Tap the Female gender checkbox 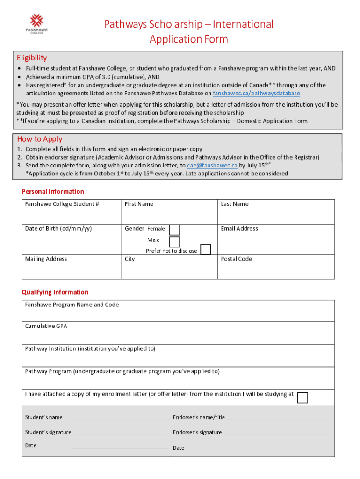(x=174, y=230)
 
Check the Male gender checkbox (x=174, y=241)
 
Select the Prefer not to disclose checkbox (x=205, y=249)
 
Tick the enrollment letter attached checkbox (x=302, y=398)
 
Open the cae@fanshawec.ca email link (x=212, y=165)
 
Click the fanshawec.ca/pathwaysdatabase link (x=256, y=93)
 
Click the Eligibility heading (x=32, y=58)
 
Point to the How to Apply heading (x=39, y=139)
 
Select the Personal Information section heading (x=53, y=191)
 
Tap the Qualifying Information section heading (x=55, y=292)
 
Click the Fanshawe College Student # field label (x=62, y=204)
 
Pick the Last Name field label (x=234, y=204)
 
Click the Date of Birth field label (x=58, y=228)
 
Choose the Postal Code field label (x=236, y=259)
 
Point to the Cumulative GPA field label (x=46, y=326)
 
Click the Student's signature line (x=120, y=433)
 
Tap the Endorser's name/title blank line (x=279, y=418)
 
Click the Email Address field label (x=239, y=228)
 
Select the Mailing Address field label (x=46, y=259)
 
